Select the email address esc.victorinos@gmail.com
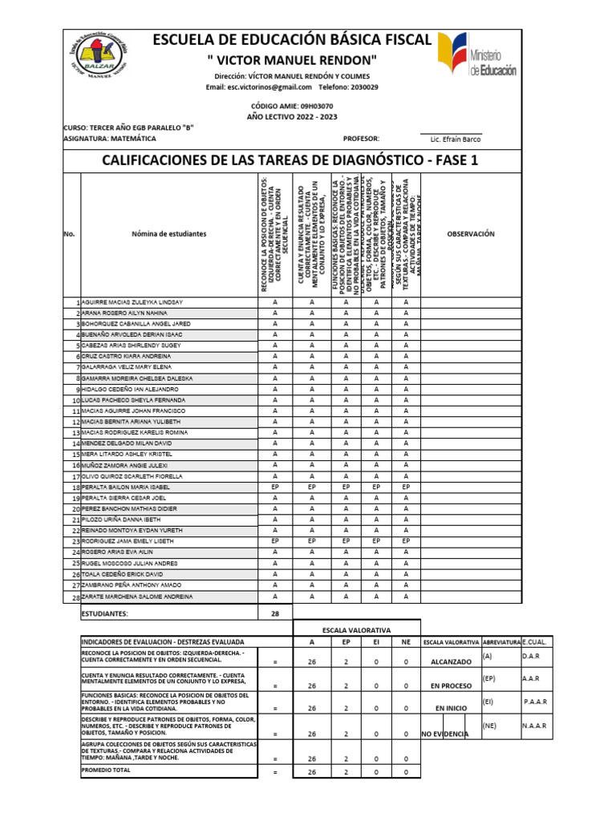point(258,87)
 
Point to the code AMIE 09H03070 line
point(292,106)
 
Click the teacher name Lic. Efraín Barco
point(456,139)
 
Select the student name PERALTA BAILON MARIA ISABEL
point(126,487)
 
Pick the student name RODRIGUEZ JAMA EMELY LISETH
point(129,541)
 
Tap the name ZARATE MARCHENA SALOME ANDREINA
point(137,597)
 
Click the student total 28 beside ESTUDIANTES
point(275,613)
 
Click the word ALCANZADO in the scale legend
point(451,662)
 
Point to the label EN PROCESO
point(451,686)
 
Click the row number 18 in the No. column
point(76,487)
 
